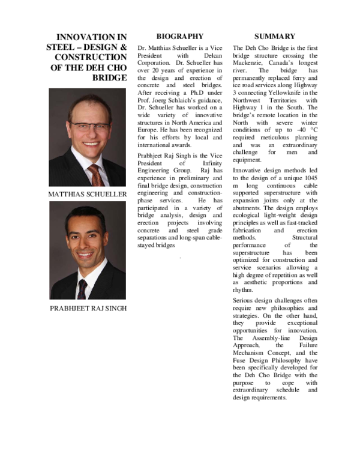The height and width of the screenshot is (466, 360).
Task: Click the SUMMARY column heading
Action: coord(274,36)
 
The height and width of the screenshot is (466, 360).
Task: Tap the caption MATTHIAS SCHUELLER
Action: coord(87,195)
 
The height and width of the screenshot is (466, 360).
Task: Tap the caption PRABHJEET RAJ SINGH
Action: coord(87,309)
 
